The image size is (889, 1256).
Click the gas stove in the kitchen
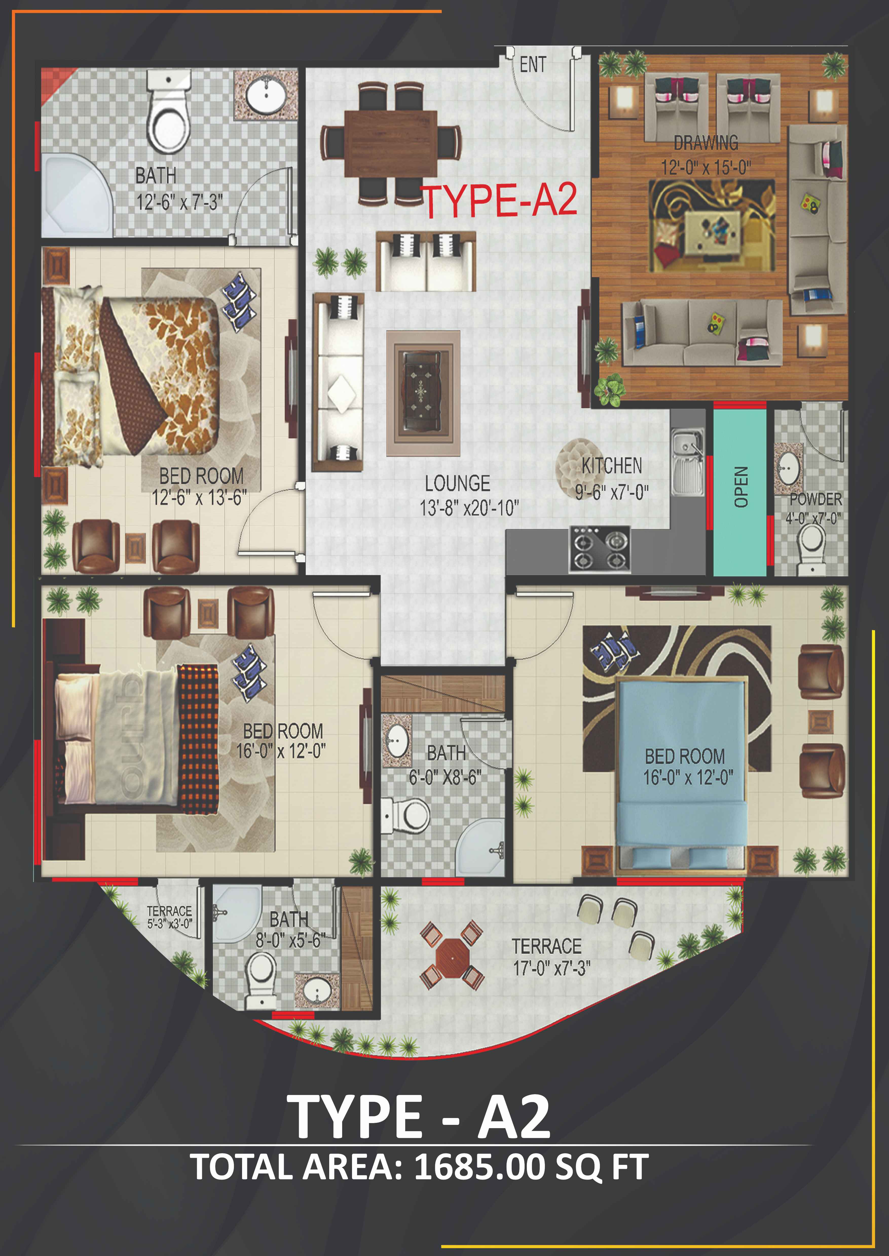(599, 549)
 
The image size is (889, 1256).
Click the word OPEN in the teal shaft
(740, 487)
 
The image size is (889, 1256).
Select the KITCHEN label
(612, 466)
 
